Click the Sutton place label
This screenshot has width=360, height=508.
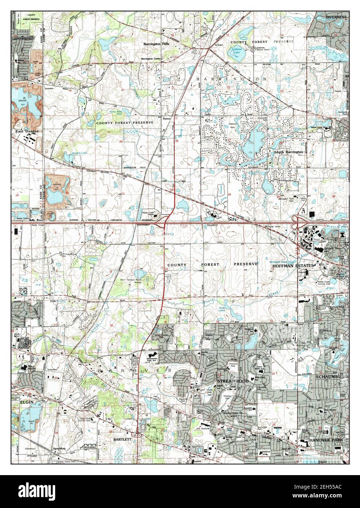pos(168,119)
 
